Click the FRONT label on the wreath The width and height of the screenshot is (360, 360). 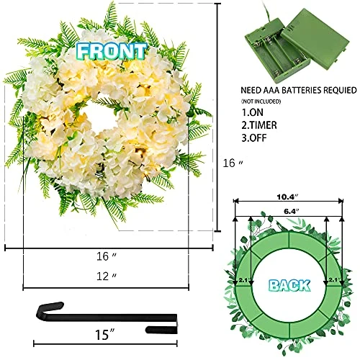112,51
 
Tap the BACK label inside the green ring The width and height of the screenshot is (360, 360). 289,286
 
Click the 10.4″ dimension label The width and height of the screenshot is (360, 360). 287,197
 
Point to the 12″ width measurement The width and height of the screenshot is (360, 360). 107,276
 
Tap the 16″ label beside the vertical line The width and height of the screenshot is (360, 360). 233,163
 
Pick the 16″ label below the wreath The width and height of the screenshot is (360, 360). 107,256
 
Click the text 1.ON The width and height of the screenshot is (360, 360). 252,112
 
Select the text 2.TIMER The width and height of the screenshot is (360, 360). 259,125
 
